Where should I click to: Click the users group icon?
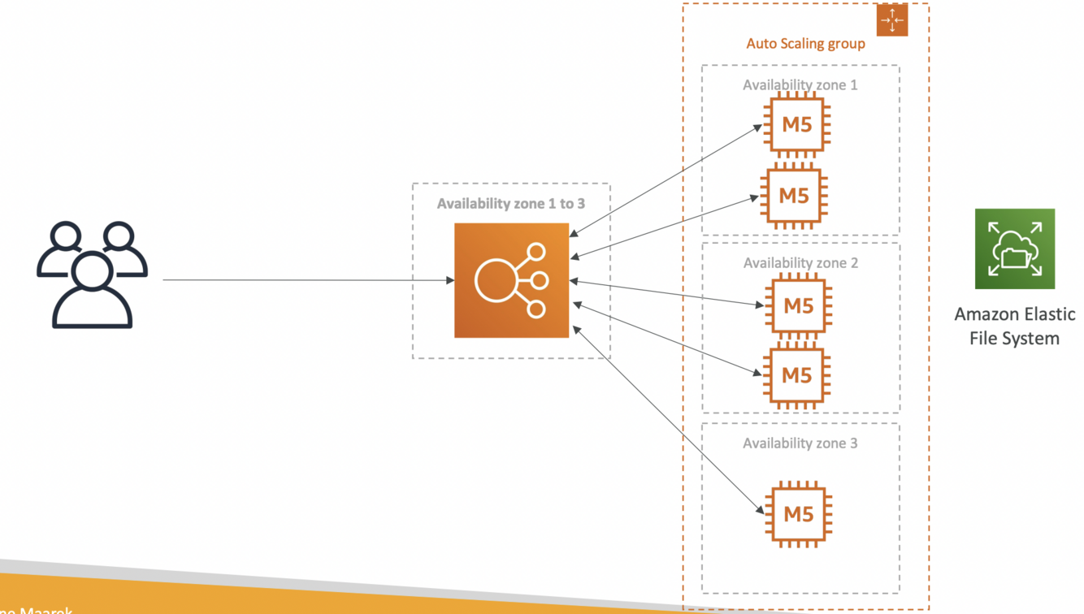point(92,274)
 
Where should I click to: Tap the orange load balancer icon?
point(511,280)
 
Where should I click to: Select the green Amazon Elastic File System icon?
point(1014,249)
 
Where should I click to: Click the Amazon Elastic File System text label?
point(1014,326)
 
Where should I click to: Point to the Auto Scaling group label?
point(805,44)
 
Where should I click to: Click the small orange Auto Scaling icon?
point(891,20)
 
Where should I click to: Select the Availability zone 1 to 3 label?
point(510,203)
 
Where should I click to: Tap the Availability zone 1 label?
point(800,84)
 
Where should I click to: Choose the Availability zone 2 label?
point(800,263)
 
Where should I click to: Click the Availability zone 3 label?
point(800,443)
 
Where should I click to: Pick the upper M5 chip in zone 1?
point(798,125)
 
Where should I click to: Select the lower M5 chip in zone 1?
point(794,196)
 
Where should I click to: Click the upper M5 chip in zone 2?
point(798,305)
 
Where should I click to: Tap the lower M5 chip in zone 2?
point(798,375)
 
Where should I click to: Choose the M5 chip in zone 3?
point(798,513)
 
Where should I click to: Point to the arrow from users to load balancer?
point(309,280)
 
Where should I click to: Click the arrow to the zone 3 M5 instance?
point(668,420)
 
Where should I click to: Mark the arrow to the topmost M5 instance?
point(666,181)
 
